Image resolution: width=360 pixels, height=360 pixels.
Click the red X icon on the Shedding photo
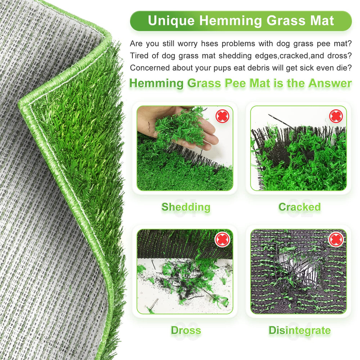click(222, 116)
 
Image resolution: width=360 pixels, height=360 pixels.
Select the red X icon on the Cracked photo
click(336, 116)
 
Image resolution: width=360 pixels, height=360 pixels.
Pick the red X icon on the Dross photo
click(222, 240)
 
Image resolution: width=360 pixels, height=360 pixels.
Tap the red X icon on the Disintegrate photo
click(336, 240)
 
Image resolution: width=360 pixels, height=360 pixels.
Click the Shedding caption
click(186, 207)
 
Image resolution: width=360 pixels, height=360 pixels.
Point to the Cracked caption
click(300, 207)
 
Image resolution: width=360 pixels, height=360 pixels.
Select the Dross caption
click(186, 330)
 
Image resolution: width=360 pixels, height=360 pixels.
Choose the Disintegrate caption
click(300, 330)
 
